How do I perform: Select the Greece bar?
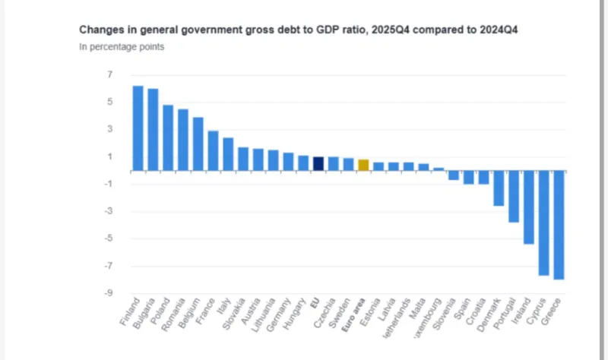pos(558,225)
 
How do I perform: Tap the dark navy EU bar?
pos(318,163)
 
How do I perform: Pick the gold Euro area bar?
pos(363,165)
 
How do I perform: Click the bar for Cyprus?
pos(543,223)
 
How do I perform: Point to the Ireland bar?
pos(528,207)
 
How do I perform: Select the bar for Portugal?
pos(513,196)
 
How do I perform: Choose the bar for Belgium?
pos(198,144)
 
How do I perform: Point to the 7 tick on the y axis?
pos(110,74)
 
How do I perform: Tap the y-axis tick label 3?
pos(110,129)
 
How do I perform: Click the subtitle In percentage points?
pos(122,47)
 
